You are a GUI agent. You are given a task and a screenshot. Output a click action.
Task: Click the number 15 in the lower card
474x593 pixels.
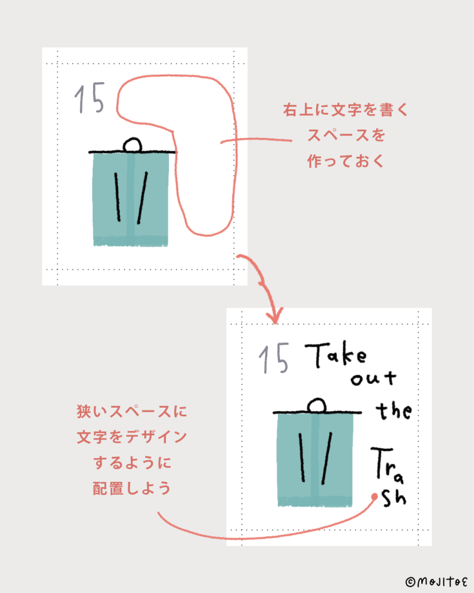(x=274, y=358)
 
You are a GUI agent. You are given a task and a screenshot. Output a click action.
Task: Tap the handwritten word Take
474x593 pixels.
(x=336, y=355)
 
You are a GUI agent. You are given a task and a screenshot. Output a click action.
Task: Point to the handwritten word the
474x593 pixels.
(x=394, y=411)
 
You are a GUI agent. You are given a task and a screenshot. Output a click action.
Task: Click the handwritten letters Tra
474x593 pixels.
(x=387, y=465)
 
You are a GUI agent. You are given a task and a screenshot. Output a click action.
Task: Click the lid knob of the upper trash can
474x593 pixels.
(x=133, y=145)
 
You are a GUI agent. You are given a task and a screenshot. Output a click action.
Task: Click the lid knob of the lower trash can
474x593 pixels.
(x=317, y=405)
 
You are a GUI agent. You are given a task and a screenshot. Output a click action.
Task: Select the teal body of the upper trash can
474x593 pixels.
(x=131, y=199)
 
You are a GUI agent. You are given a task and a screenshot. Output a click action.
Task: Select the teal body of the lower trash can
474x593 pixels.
(x=315, y=459)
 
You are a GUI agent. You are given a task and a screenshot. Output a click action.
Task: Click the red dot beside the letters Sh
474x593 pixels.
(x=374, y=496)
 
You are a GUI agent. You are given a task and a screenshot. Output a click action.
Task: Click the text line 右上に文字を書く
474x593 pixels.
(x=346, y=109)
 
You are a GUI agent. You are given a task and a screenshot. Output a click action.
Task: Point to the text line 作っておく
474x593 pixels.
(x=346, y=161)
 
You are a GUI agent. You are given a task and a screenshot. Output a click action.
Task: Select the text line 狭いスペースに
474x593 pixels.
(x=132, y=412)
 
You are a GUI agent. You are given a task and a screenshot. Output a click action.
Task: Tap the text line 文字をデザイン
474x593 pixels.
(x=132, y=437)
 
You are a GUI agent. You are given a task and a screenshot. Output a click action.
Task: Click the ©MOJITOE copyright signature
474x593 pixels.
(x=436, y=581)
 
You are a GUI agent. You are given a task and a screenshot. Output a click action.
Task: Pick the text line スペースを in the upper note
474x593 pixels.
(x=346, y=136)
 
